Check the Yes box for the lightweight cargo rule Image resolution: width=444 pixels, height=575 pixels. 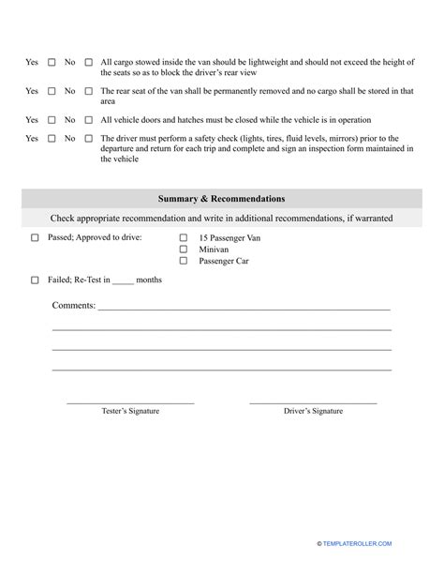tap(52, 63)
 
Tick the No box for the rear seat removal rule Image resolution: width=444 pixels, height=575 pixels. tap(89, 92)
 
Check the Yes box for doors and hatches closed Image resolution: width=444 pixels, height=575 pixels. tap(52, 120)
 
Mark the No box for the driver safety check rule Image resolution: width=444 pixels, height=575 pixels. tap(89, 139)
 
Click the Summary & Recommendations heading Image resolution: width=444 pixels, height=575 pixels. tap(222, 199)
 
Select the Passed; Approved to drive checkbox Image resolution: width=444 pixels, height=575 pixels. tap(35, 238)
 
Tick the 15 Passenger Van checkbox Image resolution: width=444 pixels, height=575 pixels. tap(184, 238)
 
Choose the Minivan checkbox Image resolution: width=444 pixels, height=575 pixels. tap(184, 250)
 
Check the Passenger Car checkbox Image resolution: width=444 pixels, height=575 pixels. tap(184, 261)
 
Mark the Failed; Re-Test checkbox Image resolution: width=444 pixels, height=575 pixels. tap(35, 280)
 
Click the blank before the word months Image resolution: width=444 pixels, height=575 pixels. tap(122, 280)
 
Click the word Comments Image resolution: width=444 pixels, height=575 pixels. tap(73, 306)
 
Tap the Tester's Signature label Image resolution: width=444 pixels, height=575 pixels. tap(130, 411)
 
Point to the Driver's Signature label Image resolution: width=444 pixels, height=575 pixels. tap(314, 411)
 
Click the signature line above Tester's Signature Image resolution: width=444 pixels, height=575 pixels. tap(130, 403)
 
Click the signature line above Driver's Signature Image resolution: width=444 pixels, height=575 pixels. tap(313, 403)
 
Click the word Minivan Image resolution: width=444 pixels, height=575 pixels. tap(215, 250)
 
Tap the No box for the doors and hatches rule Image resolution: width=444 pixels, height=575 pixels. tap(89, 120)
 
